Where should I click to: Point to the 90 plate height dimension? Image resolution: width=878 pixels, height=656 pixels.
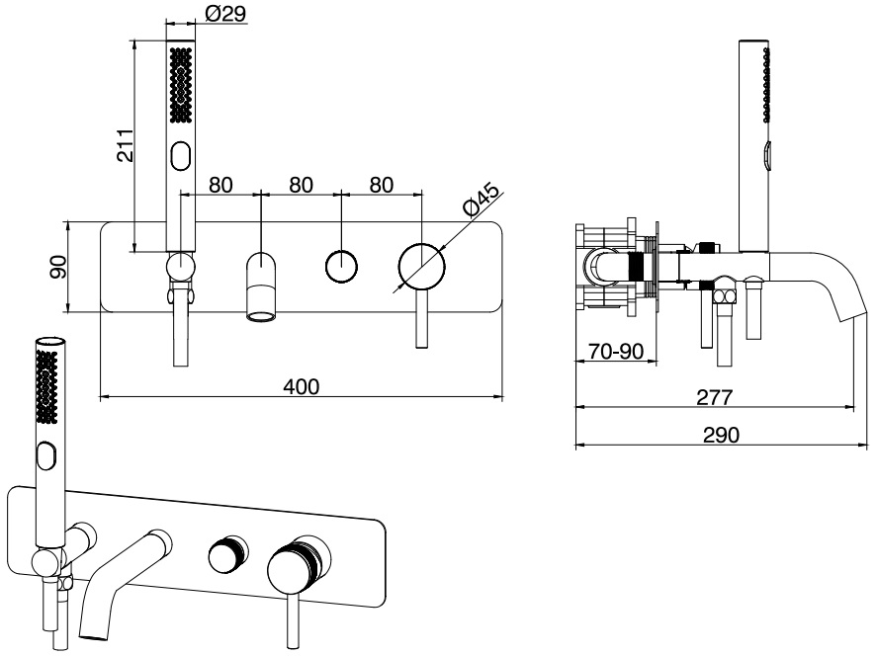(x=58, y=267)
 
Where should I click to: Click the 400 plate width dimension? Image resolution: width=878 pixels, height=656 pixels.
(x=301, y=387)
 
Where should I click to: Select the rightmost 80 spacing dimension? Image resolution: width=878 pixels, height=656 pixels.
(x=381, y=185)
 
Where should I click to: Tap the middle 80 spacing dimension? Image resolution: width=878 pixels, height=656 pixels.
(x=301, y=185)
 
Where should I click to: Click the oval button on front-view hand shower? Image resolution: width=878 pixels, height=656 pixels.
(x=180, y=156)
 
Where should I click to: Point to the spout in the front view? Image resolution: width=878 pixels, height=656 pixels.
(x=261, y=287)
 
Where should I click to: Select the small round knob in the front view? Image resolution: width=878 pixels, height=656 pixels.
(x=341, y=267)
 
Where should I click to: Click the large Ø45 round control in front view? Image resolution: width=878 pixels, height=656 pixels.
(x=421, y=267)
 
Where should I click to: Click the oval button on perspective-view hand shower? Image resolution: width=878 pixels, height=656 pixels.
(x=45, y=457)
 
